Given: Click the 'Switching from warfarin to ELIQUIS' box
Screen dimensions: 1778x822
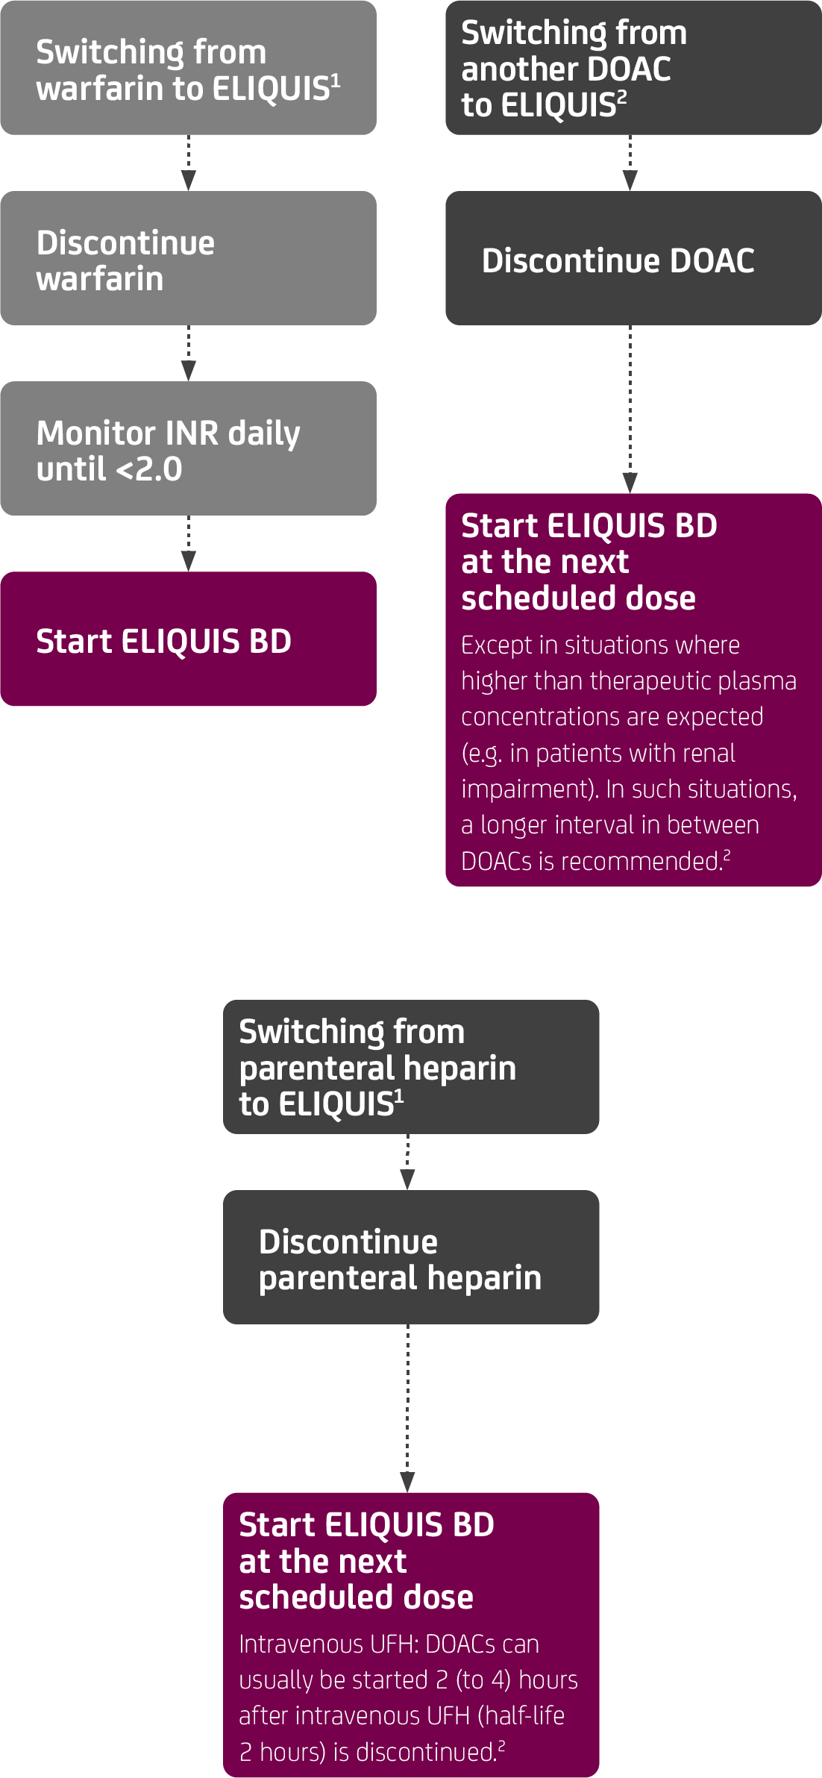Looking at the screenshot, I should tap(188, 68).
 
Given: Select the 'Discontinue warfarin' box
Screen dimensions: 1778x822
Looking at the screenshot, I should tap(188, 258).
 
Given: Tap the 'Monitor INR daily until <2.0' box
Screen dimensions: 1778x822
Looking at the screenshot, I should tap(188, 448).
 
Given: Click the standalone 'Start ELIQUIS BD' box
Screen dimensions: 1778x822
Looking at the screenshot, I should tap(188, 639).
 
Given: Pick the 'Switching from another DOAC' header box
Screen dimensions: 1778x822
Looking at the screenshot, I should tap(633, 68).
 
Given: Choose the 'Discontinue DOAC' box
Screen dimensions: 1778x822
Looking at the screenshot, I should tap(633, 258).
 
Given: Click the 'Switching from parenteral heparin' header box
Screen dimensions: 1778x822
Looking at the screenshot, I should tap(411, 1067).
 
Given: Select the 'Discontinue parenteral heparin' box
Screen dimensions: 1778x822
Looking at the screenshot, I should tap(411, 1257).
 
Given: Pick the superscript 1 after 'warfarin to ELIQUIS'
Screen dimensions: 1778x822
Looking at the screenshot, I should tap(336, 80).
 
